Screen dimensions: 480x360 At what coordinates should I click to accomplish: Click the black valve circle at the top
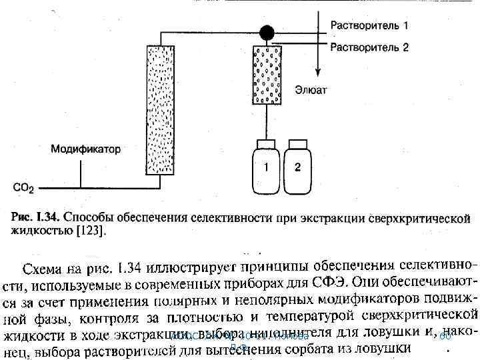click(x=267, y=31)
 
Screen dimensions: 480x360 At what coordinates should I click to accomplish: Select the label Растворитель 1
click(x=369, y=26)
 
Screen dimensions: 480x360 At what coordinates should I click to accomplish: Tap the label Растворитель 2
click(x=369, y=47)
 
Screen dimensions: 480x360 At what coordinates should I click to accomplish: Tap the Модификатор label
click(x=86, y=149)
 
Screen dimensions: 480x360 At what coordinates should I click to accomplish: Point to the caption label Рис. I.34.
click(x=37, y=217)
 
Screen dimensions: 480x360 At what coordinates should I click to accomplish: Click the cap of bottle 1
click(x=266, y=144)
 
